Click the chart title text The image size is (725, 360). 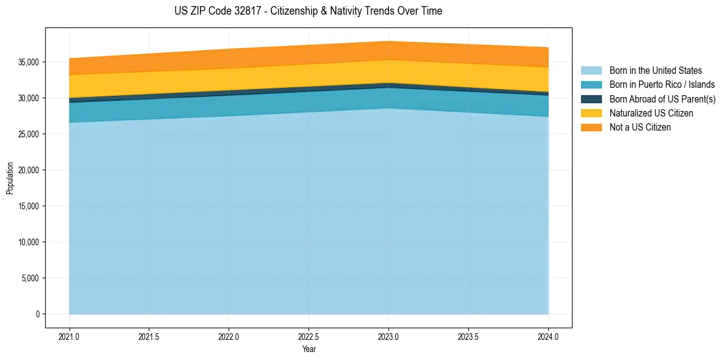point(308,11)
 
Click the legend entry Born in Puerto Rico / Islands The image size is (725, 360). point(662,85)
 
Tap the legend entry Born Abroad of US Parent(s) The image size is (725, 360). point(662,99)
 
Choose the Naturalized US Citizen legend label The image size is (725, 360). point(651,113)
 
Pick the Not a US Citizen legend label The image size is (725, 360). point(640,127)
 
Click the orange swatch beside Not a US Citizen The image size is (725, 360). point(591,127)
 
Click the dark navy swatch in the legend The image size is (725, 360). point(591,99)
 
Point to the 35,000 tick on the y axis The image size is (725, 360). point(28,62)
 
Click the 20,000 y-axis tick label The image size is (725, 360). point(28,170)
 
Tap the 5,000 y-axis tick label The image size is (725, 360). point(30,278)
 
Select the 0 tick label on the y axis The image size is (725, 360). point(37,314)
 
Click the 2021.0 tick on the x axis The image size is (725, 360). point(70,336)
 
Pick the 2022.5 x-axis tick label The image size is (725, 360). point(309,336)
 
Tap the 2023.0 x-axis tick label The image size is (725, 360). point(388,336)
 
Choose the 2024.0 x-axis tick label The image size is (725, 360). point(548,336)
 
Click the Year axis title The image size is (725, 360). point(309,349)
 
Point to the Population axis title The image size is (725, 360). point(10,178)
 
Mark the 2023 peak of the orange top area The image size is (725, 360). point(388,42)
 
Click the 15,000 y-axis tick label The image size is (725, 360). point(28,206)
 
